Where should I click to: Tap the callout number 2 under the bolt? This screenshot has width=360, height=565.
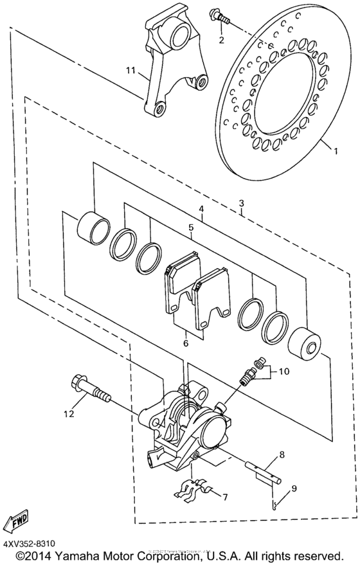[221, 40]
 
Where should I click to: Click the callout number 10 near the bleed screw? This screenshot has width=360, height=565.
[283, 371]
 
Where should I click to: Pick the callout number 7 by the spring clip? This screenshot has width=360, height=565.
[224, 497]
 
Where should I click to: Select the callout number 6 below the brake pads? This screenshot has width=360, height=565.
[185, 344]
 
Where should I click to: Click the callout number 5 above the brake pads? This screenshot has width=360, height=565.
[191, 228]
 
